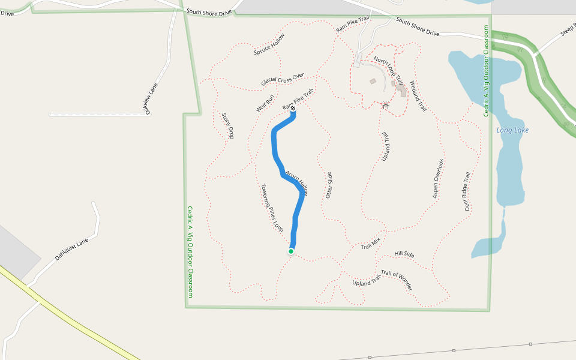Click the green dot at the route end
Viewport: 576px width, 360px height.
[x=291, y=251]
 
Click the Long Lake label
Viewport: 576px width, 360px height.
[x=512, y=130]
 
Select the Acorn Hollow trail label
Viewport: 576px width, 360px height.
[x=296, y=182]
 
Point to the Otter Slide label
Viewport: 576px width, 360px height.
[x=329, y=185]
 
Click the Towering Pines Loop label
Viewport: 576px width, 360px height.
[x=272, y=208]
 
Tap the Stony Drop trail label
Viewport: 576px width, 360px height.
[x=227, y=126]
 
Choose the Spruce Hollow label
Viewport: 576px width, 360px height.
[x=269, y=44]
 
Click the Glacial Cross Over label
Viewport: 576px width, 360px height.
[x=282, y=79]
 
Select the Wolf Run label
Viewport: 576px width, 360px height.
[x=265, y=103]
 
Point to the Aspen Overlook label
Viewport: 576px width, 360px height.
[x=439, y=179]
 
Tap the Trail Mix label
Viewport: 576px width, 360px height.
[x=370, y=244]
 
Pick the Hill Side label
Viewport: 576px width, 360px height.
[x=404, y=254]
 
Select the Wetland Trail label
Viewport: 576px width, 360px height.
[x=418, y=97]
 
